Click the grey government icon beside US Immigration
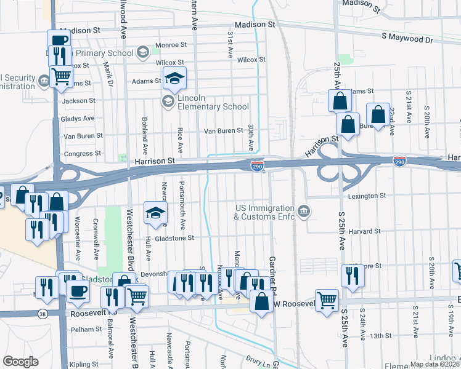click(303, 212)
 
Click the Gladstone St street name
click(174, 237)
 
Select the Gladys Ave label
click(78, 118)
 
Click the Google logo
click(20, 362)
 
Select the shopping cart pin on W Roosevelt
click(327, 300)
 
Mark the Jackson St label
click(78, 100)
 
